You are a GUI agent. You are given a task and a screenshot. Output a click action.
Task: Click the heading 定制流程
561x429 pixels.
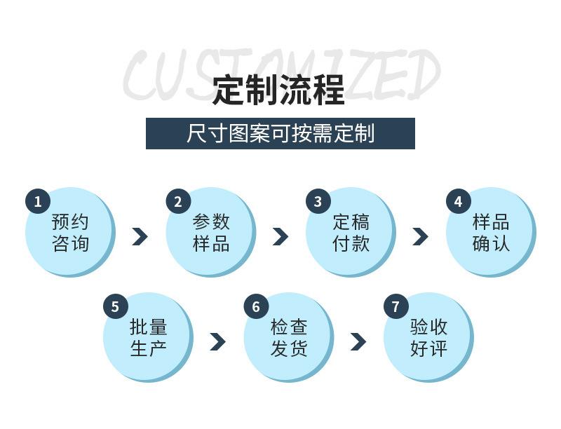coord(279,90)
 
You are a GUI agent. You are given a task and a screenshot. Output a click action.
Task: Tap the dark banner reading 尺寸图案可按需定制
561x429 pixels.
coord(280,133)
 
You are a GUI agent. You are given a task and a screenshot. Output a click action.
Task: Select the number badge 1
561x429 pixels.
coord(38,202)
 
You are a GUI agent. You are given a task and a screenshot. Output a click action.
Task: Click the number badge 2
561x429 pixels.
coord(178,202)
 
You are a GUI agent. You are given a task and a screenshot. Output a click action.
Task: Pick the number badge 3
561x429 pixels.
coord(318,202)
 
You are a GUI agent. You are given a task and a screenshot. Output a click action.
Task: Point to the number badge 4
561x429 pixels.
coord(459,202)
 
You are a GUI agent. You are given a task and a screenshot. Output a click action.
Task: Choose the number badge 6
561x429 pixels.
coord(256,307)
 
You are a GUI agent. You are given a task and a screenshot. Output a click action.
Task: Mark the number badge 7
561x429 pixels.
coord(396,307)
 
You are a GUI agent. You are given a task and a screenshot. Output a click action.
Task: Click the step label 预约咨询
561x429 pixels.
coord(70,233)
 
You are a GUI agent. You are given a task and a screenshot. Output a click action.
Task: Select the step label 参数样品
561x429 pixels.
coord(210,233)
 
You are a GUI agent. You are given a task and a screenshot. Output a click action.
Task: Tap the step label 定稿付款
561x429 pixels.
coord(351,233)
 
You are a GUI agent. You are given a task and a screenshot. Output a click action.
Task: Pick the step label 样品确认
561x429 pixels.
coord(491,233)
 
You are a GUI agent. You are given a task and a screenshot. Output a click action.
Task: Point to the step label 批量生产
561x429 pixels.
coord(148,338)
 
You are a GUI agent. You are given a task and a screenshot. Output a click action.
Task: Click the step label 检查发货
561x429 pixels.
coord(288,338)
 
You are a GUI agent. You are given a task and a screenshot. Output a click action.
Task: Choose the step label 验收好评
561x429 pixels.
coord(428,338)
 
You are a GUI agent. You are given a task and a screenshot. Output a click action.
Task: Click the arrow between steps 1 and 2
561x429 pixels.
coord(140,236)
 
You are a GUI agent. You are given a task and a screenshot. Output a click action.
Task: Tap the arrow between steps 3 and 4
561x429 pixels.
coord(420,236)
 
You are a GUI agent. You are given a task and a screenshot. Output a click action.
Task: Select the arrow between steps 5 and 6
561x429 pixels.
coord(217,341)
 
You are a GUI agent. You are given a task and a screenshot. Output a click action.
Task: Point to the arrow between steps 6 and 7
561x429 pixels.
coord(358,341)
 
